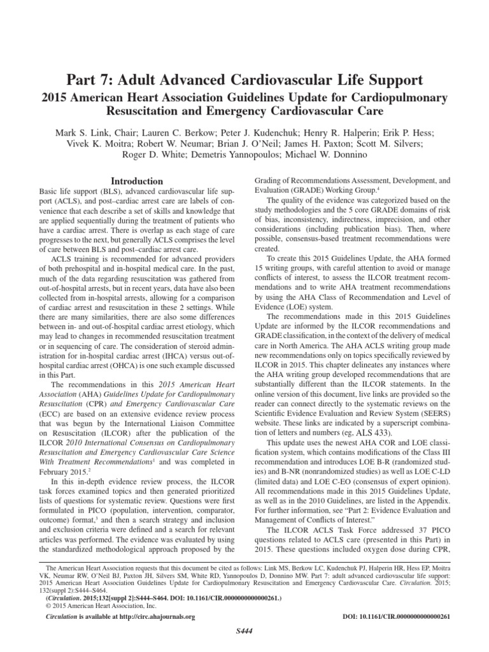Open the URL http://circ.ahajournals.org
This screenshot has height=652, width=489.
click(x=152, y=617)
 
